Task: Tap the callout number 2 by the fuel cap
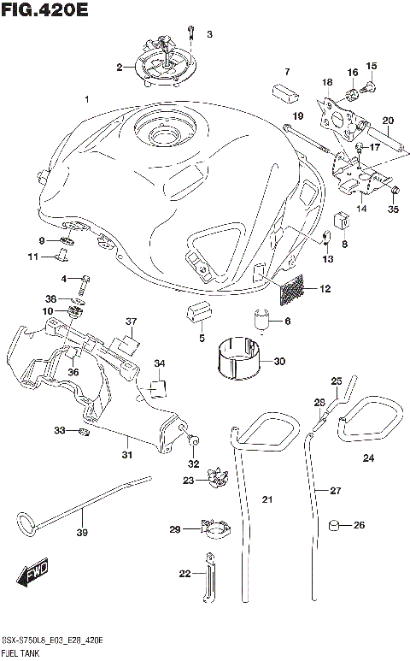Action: click(120, 66)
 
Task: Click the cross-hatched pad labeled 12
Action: click(291, 290)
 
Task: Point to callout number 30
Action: click(279, 361)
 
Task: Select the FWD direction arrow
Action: click(32, 574)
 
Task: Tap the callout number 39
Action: click(83, 534)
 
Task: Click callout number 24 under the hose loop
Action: click(368, 458)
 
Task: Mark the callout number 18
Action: click(326, 81)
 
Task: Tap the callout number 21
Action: click(266, 499)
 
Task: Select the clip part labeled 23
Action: click(215, 481)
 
